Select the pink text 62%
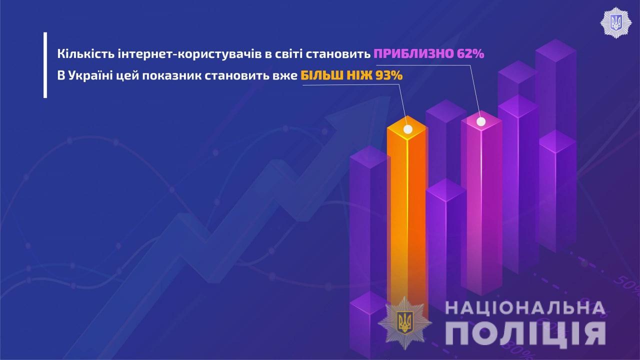470,53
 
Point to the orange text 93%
389,75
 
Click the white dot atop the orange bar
407,129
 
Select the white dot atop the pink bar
481,121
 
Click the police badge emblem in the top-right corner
616,23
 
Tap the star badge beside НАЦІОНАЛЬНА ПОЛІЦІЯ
405,323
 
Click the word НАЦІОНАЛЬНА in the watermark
525,308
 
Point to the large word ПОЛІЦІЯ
525,333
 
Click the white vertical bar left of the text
45,65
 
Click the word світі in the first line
289,53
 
